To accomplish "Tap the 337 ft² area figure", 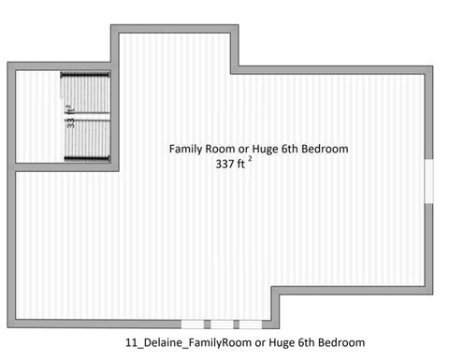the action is (234, 163).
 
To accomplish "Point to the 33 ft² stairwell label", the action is (71, 117).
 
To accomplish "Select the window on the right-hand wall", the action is (428, 181).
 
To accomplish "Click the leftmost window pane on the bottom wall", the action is (193, 324).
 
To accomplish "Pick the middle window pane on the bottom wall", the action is (222, 324).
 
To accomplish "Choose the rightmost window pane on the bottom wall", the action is (251, 324).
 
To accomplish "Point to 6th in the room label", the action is (290, 149).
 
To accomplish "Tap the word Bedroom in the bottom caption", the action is (341, 342).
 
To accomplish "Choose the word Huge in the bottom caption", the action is (282, 343).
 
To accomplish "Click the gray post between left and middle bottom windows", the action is (208, 324).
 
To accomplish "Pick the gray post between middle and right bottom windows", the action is (237, 324).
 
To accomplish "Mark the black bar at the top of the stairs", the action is (85, 75).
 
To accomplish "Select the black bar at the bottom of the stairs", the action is (87, 159).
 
